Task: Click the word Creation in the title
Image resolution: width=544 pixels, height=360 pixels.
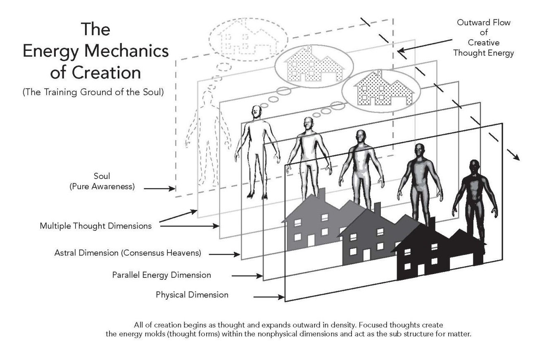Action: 107,72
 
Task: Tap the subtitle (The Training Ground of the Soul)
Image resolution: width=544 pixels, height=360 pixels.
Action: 93,92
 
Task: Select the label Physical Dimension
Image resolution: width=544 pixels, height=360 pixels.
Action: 192,295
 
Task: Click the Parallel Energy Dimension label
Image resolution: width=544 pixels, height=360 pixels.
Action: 162,275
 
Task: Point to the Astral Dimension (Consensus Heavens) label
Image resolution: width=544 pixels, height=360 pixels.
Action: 128,253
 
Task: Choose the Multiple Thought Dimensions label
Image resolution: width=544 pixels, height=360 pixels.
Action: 95,226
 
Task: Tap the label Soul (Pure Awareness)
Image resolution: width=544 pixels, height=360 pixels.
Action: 102,181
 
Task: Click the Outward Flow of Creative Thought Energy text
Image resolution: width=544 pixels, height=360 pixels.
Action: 483,37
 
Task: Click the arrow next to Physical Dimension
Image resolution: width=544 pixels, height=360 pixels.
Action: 268,297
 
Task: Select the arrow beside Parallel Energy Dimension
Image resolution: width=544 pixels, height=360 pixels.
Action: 247,276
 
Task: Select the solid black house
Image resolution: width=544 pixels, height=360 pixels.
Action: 438,252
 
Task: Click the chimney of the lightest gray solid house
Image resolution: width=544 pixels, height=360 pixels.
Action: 322,195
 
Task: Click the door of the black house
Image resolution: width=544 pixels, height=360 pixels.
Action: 421,270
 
